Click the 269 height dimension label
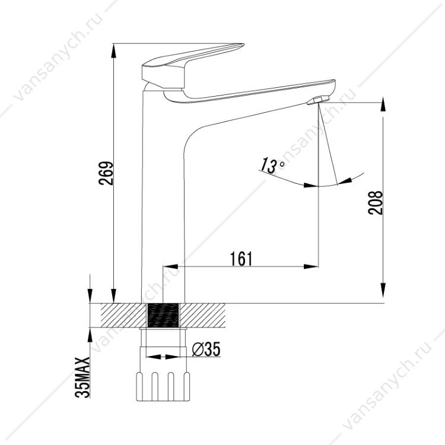106,173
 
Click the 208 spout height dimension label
375,203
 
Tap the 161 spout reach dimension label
241,259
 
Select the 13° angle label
272,165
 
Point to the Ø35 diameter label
206,349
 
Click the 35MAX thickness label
82,377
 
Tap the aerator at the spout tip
318,100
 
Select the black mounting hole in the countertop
163,315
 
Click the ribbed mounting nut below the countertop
163,386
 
